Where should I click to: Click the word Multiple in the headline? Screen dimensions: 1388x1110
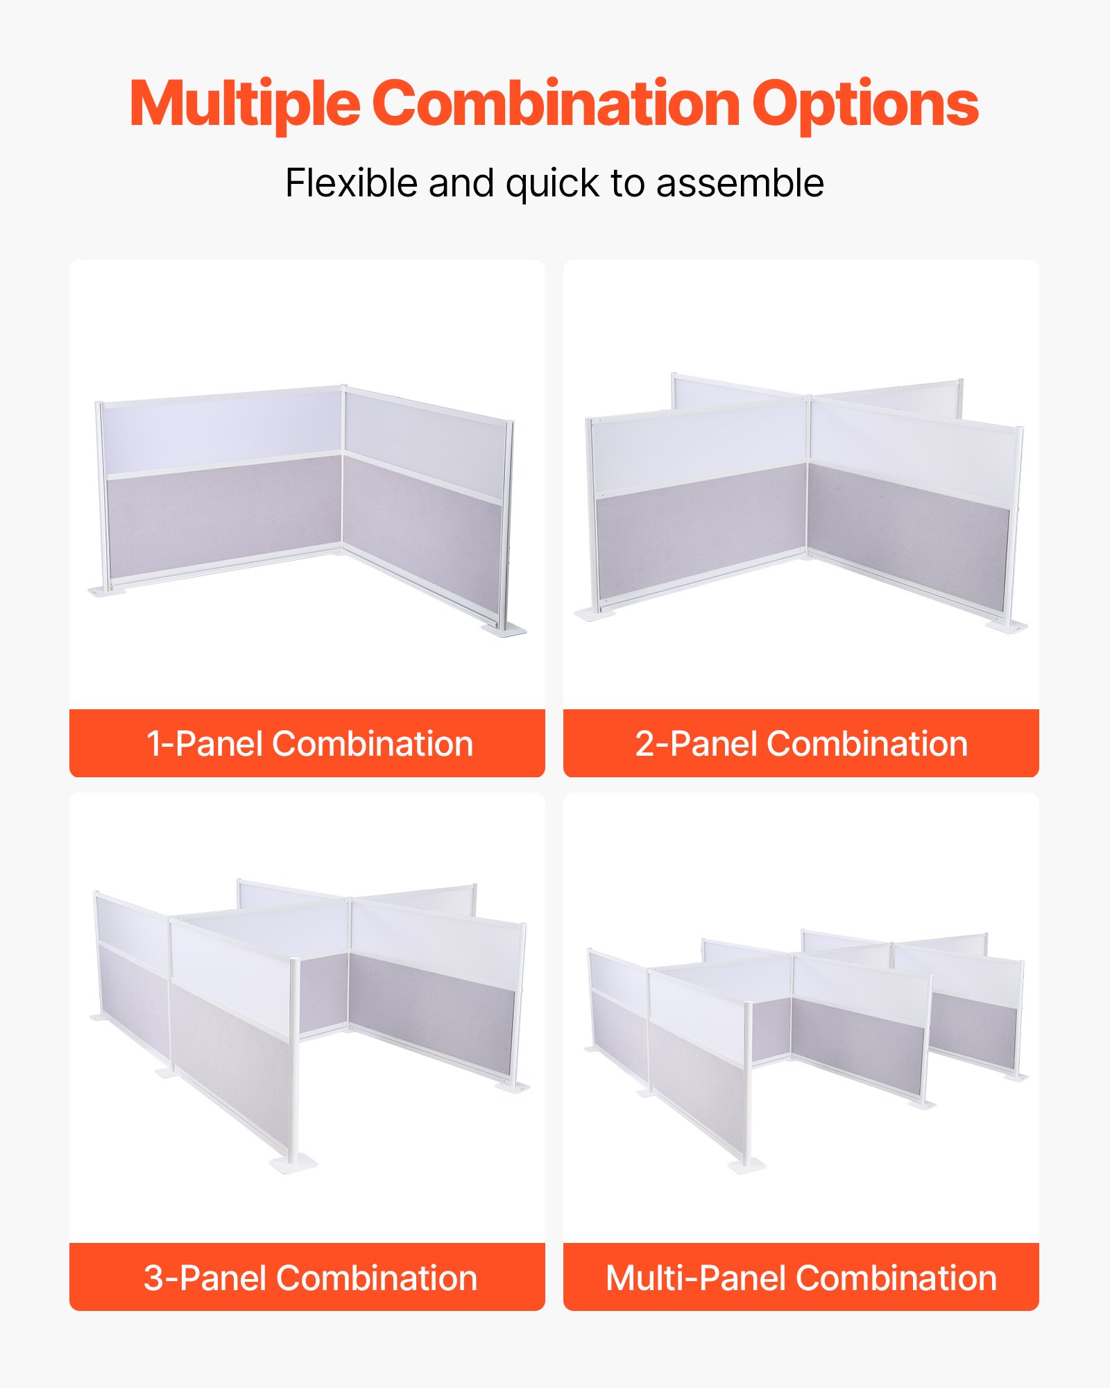tap(244, 104)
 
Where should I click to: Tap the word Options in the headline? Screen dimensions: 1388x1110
tap(865, 104)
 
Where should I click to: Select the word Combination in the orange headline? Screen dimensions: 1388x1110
tap(556, 104)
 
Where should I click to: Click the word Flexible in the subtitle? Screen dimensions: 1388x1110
tap(352, 183)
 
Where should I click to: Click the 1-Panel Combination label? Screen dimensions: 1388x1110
tap(309, 744)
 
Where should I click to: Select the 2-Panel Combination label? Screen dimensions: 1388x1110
tap(801, 744)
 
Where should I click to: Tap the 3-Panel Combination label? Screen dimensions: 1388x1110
tap(309, 1278)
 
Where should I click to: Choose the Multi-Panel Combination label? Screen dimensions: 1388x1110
tap(801, 1278)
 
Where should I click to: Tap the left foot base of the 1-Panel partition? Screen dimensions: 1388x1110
tap(107, 591)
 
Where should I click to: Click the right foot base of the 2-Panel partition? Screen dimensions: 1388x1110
tap(1007, 626)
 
